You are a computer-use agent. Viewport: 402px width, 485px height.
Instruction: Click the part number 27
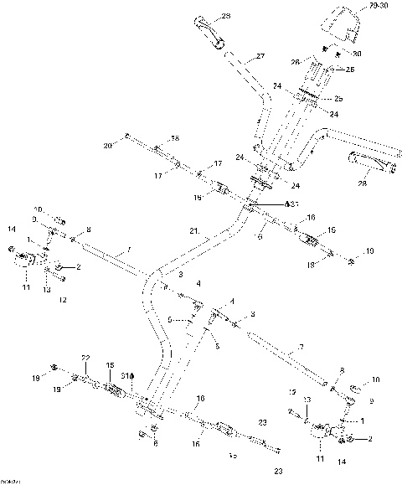coord(260,57)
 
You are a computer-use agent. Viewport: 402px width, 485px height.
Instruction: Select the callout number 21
coord(193,231)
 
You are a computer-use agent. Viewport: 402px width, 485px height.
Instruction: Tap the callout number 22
coord(85,359)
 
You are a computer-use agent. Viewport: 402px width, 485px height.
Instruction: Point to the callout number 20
coord(107,146)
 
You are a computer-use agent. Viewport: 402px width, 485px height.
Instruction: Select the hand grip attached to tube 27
coord(209,29)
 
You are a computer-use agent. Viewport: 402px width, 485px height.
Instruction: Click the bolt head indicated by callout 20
coord(126,136)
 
